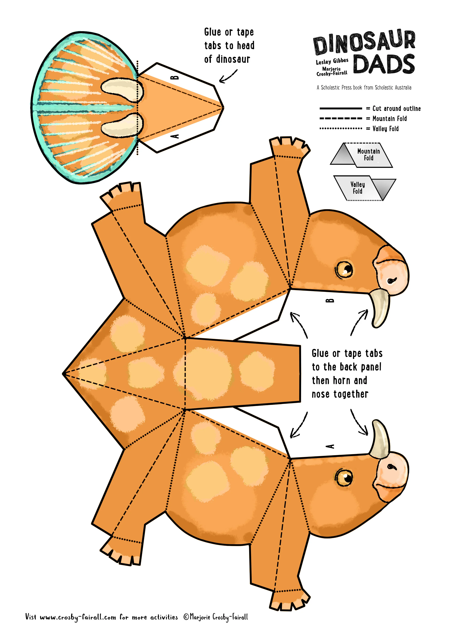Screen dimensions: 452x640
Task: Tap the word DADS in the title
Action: tap(384, 64)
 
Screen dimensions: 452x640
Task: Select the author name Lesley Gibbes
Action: tap(332, 61)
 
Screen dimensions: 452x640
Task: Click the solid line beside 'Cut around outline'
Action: tap(341, 108)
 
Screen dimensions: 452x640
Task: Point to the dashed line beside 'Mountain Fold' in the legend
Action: tap(341, 118)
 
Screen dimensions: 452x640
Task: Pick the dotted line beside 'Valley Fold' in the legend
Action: tap(341, 128)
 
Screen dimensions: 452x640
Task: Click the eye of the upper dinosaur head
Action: tap(344, 269)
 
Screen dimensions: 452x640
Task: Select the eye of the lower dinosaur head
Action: tap(344, 477)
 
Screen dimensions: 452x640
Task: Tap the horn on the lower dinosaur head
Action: tap(380, 439)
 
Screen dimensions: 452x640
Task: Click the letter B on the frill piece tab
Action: tap(175, 77)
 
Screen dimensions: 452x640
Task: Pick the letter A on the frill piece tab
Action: tap(175, 136)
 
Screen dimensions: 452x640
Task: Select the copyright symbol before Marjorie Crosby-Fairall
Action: tap(186, 617)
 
